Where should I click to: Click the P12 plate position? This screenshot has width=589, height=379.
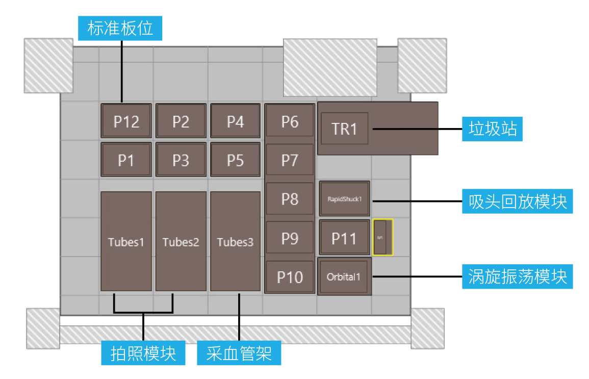[x=126, y=121]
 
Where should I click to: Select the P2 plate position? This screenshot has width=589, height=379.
[x=181, y=121]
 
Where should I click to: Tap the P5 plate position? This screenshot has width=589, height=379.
[x=235, y=160]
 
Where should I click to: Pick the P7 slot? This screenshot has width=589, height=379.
[x=290, y=160]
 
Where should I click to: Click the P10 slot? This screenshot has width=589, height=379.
[x=290, y=276]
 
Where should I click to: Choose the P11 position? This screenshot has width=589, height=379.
[x=344, y=238]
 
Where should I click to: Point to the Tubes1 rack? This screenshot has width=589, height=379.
[x=126, y=241]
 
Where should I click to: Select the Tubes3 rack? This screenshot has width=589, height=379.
[x=235, y=241]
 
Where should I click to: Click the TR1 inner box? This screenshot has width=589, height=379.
[x=344, y=129]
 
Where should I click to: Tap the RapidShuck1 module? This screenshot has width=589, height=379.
[x=344, y=198]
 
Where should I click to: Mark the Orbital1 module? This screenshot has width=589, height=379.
[x=344, y=277]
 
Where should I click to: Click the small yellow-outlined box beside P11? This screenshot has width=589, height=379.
[x=382, y=237]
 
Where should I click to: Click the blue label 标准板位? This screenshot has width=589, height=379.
[x=120, y=28]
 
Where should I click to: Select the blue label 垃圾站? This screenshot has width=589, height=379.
[x=493, y=129]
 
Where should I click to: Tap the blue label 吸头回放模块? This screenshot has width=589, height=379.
[x=518, y=201]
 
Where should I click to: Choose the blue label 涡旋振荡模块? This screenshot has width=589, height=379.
[x=518, y=276]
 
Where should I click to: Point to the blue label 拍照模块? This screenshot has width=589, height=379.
[x=143, y=352]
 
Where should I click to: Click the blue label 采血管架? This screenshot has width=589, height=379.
[x=239, y=352]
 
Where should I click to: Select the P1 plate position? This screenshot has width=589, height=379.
[x=126, y=160]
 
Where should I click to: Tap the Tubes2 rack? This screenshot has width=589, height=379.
[x=181, y=241]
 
